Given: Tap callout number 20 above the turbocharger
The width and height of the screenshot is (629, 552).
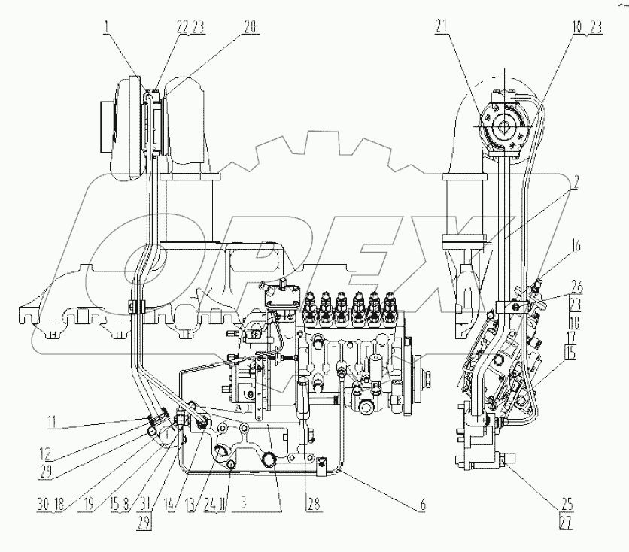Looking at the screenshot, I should pos(249,27).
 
